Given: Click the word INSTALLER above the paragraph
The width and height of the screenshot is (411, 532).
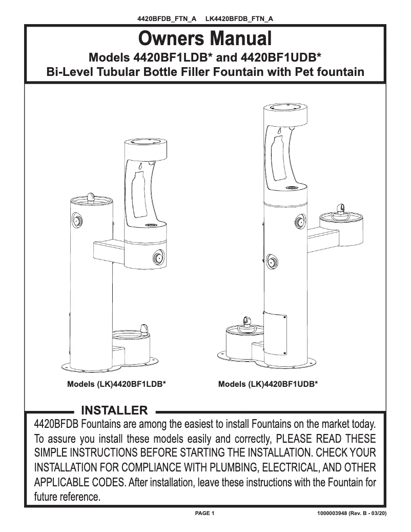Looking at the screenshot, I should click(x=115, y=410).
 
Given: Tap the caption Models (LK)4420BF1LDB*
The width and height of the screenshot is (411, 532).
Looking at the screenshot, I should click(x=116, y=384).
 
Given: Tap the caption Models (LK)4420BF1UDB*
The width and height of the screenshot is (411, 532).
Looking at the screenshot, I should click(x=268, y=384).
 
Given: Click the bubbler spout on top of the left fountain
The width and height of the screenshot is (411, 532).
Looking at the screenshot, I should click(x=90, y=196).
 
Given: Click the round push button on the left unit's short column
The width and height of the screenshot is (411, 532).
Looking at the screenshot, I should click(x=78, y=221).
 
